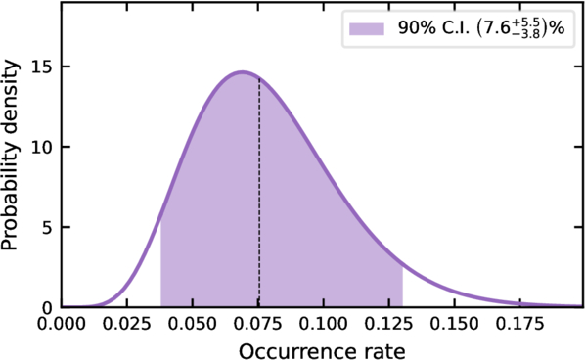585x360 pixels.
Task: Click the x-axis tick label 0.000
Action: pos(61,325)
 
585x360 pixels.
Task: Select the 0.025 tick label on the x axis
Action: pos(126,325)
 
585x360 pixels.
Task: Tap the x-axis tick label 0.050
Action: pos(192,325)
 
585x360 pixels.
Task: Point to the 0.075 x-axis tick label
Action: pos(258,325)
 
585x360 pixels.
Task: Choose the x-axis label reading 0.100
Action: pos(323,325)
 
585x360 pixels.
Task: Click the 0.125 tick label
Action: pos(388,325)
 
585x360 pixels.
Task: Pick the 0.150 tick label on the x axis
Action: pos(454,325)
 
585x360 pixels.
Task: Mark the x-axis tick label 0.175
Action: pos(519,325)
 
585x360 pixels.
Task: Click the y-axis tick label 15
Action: pos(41,67)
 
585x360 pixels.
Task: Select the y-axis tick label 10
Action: pos(41,147)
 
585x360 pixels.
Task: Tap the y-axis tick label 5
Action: pos(46,227)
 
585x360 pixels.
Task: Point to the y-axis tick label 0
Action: pos(46,307)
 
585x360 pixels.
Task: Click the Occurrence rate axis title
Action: pos(322,351)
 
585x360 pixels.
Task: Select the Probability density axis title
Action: pos(10,155)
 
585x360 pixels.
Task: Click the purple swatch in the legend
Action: pos(367,29)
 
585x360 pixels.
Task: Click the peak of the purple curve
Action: pos(243,72)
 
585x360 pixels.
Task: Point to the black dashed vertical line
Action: pos(259,193)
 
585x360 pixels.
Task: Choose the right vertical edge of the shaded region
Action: pos(402,287)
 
